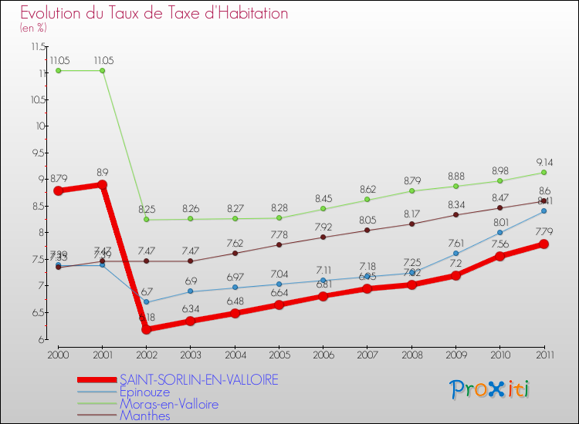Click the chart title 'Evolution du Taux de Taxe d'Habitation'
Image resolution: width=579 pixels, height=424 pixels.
click(154, 13)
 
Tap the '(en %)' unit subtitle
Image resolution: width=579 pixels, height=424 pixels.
click(33, 28)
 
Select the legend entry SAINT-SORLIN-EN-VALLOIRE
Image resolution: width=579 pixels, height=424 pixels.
click(198, 379)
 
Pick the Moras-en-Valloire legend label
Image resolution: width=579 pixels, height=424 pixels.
click(169, 404)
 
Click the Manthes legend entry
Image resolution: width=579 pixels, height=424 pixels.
click(144, 416)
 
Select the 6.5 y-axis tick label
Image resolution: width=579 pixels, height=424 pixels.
click(38, 312)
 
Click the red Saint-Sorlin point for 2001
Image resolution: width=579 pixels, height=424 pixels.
click(102, 185)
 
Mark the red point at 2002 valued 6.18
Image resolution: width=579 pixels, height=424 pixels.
click(146, 329)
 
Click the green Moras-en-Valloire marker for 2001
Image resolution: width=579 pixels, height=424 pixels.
click(102, 71)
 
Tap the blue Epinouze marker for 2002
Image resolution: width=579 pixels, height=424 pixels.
click(146, 302)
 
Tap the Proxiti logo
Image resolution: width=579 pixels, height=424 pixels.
click(490, 389)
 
